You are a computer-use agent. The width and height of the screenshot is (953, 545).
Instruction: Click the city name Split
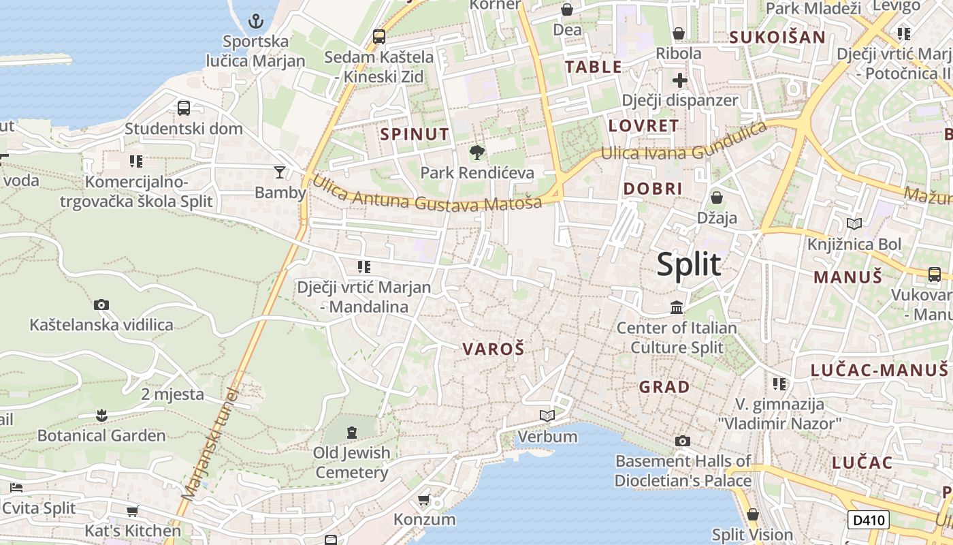[688, 264]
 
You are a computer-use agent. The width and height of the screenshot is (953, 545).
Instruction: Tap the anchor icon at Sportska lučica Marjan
[255, 21]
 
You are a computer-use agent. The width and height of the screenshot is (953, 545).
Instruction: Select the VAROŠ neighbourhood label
[494, 349]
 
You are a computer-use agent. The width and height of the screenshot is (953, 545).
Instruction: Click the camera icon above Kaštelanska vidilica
[101, 305]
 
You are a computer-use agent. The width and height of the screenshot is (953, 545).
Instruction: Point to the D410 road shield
[869, 520]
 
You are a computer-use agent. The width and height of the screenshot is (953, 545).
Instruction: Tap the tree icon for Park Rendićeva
[477, 152]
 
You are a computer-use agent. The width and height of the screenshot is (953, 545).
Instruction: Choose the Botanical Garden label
[101, 435]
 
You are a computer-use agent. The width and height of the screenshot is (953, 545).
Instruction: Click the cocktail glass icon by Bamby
[280, 172]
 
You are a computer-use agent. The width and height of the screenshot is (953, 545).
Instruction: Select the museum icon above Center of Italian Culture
[677, 307]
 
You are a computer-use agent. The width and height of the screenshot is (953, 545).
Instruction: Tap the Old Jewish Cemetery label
[351, 462]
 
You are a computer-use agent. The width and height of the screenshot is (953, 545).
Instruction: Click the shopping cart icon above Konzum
[424, 501]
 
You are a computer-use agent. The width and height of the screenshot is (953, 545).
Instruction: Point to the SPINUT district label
[415, 134]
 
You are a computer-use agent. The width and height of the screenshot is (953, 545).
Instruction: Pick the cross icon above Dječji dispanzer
[679, 80]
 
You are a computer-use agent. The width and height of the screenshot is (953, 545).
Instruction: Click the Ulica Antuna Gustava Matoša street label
[427, 198]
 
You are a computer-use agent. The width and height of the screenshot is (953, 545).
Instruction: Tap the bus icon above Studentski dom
[184, 108]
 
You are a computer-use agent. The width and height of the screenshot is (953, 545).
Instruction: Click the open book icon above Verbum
[547, 416]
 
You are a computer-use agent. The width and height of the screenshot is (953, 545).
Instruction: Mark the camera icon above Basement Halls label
[683, 441]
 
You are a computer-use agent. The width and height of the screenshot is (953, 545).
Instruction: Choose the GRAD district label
[664, 387]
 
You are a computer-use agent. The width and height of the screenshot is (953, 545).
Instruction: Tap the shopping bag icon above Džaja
[716, 198]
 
